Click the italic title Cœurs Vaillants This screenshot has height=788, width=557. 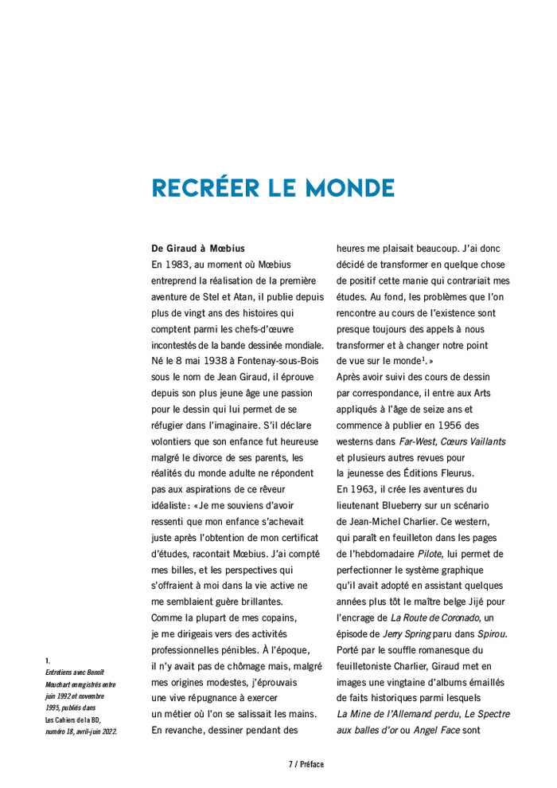[x=473, y=441]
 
